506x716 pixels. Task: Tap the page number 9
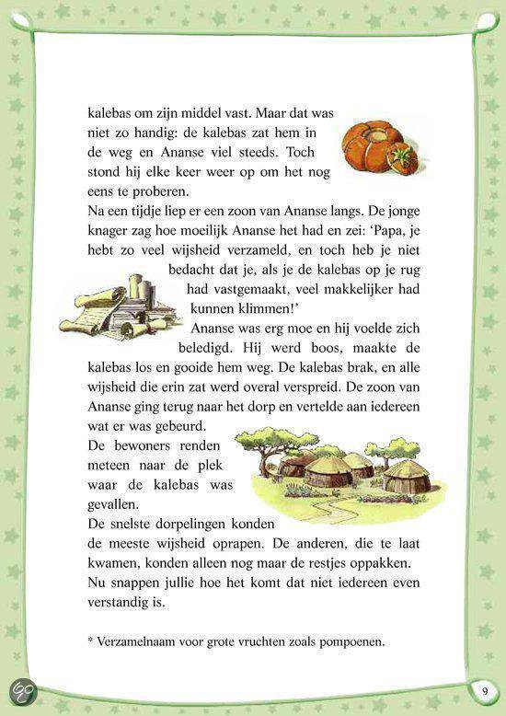coord(484,691)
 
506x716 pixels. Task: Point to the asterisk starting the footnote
coord(92,641)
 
